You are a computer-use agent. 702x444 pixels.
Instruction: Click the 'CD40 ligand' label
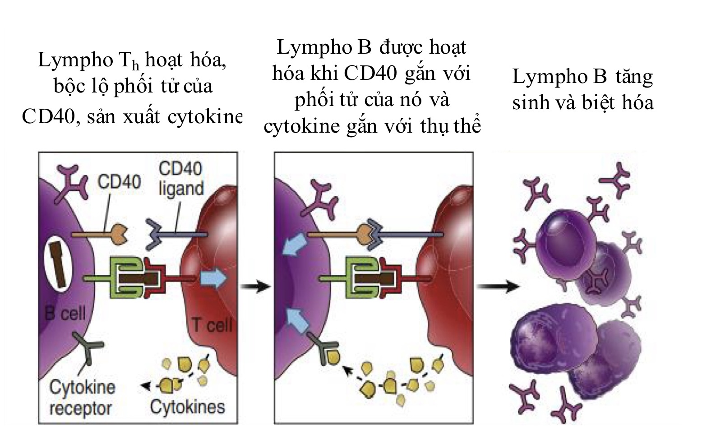pos(181,179)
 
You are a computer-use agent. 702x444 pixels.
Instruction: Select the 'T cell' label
pos(212,324)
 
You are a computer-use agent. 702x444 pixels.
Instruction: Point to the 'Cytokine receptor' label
pos(81,398)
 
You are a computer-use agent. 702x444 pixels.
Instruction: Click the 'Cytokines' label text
pos(187,407)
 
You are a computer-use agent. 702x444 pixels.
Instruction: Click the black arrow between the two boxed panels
pos(255,286)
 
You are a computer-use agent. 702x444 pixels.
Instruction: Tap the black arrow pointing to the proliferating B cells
pos(498,286)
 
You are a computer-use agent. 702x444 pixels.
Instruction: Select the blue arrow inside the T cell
pos(213,279)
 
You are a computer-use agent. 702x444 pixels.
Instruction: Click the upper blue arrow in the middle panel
pos(295,245)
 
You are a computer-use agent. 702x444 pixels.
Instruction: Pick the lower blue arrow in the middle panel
pos(296,317)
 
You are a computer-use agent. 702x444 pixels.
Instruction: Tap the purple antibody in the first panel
pos(71,181)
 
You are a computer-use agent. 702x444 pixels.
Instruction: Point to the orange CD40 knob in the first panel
pos(119,234)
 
